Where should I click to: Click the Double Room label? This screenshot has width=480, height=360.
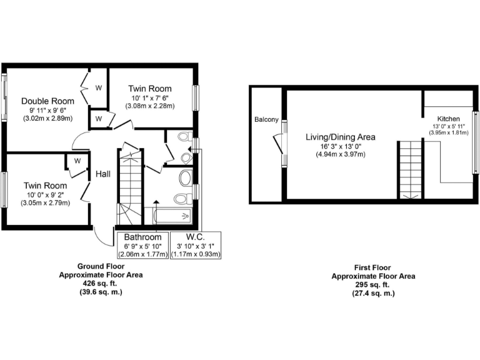[x=47, y=101]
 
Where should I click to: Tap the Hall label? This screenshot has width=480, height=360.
[x=103, y=172]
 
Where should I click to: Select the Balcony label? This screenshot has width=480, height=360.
[x=266, y=119]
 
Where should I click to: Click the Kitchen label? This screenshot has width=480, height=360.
[x=448, y=118]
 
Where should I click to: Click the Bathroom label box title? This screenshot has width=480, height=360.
[x=142, y=237]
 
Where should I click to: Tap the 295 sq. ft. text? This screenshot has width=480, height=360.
[x=372, y=284]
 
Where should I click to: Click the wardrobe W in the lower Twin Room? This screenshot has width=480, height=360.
[x=77, y=161]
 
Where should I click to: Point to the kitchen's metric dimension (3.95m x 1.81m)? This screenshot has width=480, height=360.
[x=448, y=132]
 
